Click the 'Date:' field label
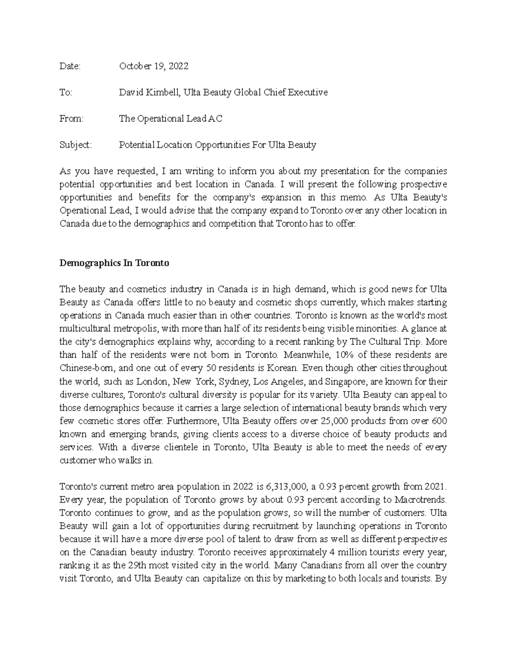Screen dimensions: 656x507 click(70, 66)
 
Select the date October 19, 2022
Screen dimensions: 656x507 click(154, 66)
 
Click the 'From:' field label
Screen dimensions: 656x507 click(72, 119)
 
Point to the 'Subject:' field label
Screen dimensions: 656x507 click(75, 145)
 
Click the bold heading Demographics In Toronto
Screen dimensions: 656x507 click(114, 263)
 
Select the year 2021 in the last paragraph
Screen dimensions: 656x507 click(435, 487)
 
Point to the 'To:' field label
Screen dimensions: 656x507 click(66, 93)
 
